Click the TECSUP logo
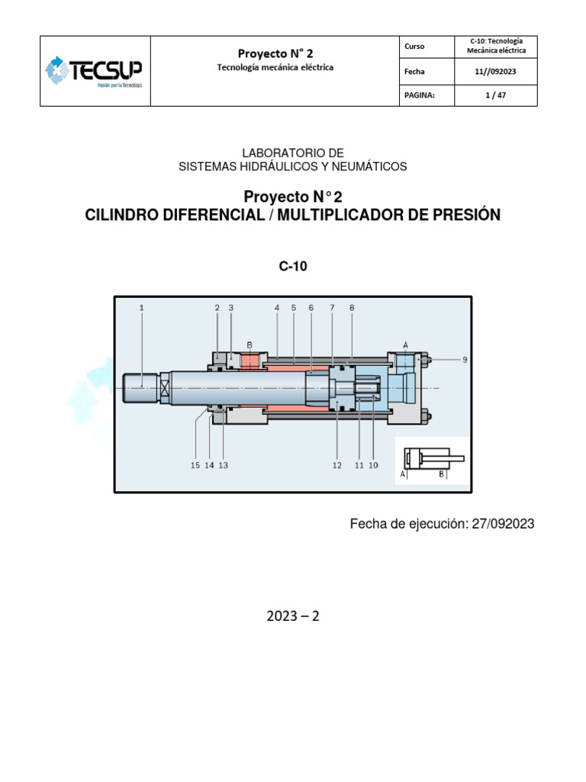click(x=95, y=71)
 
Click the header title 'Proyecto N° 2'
click(x=275, y=53)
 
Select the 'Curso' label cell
click(x=416, y=47)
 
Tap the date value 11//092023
click(x=495, y=72)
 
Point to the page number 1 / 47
click(x=495, y=95)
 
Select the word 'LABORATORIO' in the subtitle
click(x=273, y=153)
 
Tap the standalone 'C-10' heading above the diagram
click(x=293, y=267)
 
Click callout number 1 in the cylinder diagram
click(x=142, y=308)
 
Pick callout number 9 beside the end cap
click(x=465, y=359)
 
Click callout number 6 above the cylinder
click(x=311, y=308)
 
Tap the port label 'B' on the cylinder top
click(x=250, y=344)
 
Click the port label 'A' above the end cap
click(x=405, y=344)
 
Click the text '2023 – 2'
click(x=293, y=616)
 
